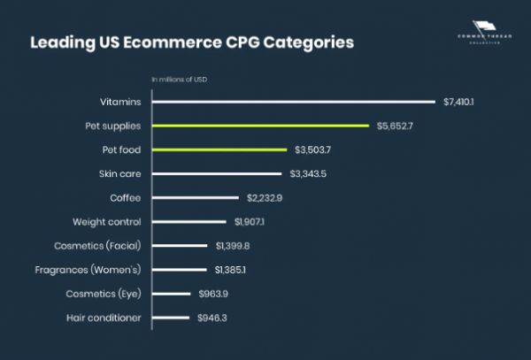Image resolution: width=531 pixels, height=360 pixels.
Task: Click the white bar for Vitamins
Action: [x=293, y=102]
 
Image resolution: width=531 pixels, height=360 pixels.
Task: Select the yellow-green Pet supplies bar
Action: [x=260, y=126]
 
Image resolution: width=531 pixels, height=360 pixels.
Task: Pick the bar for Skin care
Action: [x=216, y=173]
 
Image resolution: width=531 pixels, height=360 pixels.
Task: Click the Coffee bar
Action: [x=196, y=197]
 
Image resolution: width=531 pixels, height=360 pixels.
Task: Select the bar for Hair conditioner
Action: [x=171, y=317]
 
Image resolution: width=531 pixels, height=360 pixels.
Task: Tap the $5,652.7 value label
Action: [x=395, y=126]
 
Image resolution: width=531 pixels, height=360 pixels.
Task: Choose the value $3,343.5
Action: [x=308, y=173]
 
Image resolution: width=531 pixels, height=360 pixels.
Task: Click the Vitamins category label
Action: [x=121, y=102]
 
